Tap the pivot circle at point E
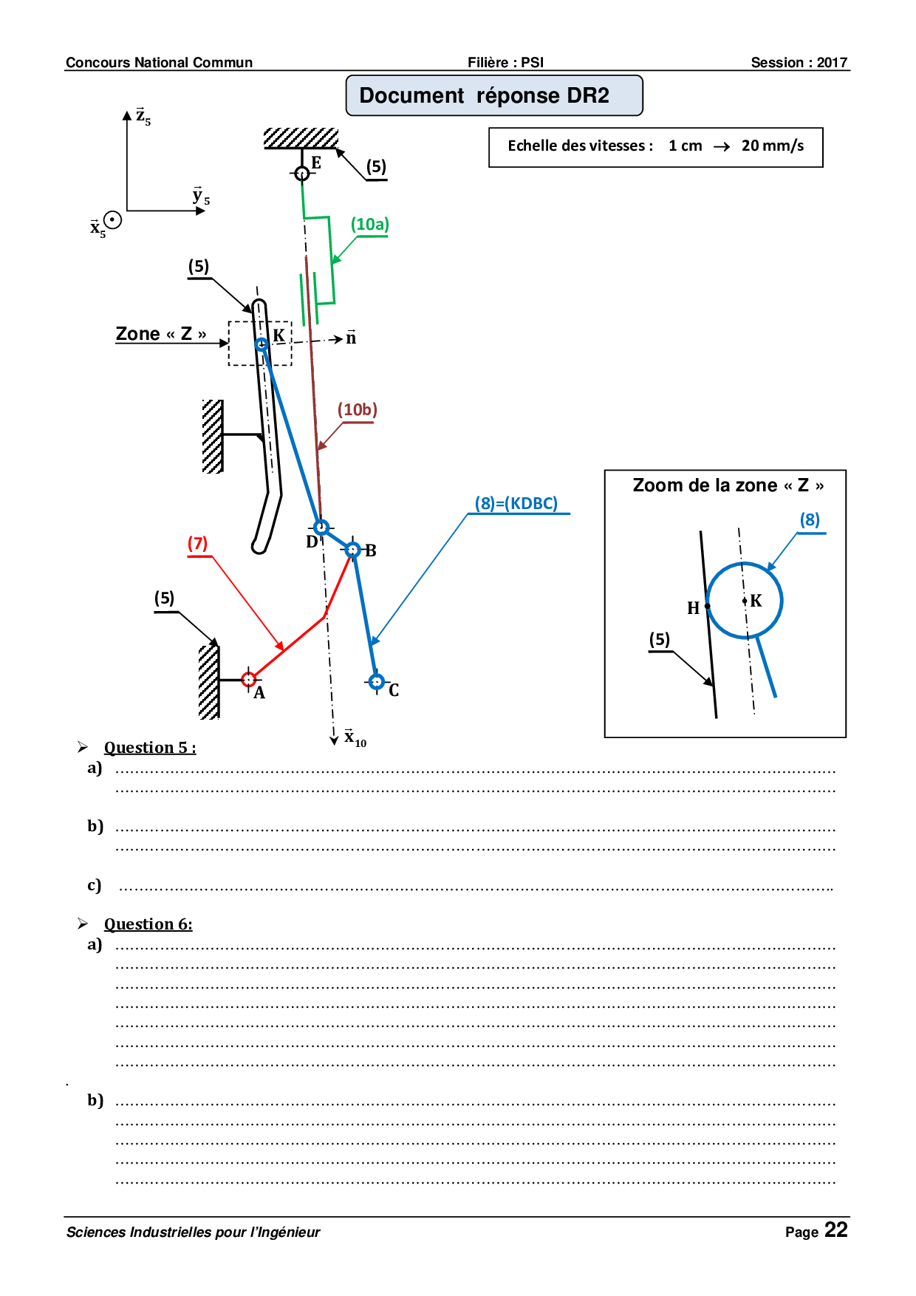[301, 174]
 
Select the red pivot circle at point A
[249, 679]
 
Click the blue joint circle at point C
[376, 681]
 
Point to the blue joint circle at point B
[353, 550]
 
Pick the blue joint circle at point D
[321, 527]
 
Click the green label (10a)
[369, 225]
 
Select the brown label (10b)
[358, 410]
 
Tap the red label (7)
[197, 544]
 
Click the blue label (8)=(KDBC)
[516, 503]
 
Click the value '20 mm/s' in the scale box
[773, 146]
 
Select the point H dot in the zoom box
[707, 606]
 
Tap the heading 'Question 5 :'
[150, 748]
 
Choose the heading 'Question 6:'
[148, 924]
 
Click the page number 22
[836, 1230]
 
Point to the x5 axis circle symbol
[112, 219]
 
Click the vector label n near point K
[351, 338]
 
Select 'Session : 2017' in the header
[799, 63]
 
